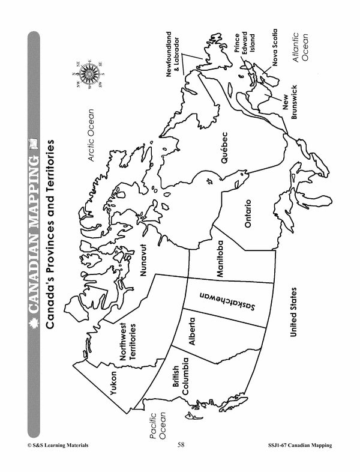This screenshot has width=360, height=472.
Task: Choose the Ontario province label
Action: click(248, 213)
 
